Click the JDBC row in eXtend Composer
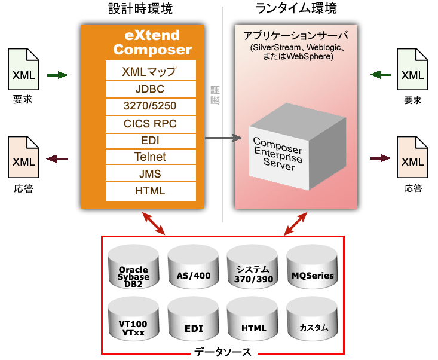(x=150, y=89)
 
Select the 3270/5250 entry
(x=150, y=106)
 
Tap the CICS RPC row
(x=150, y=124)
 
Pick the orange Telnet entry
(x=150, y=157)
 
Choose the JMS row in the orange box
(x=150, y=174)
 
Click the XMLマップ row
(x=150, y=72)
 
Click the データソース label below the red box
(x=223, y=352)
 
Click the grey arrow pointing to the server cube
(x=222, y=139)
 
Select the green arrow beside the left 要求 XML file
(x=57, y=75)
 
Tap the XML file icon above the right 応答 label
(x=413, y=158)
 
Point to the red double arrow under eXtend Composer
(x=154, y=222)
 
